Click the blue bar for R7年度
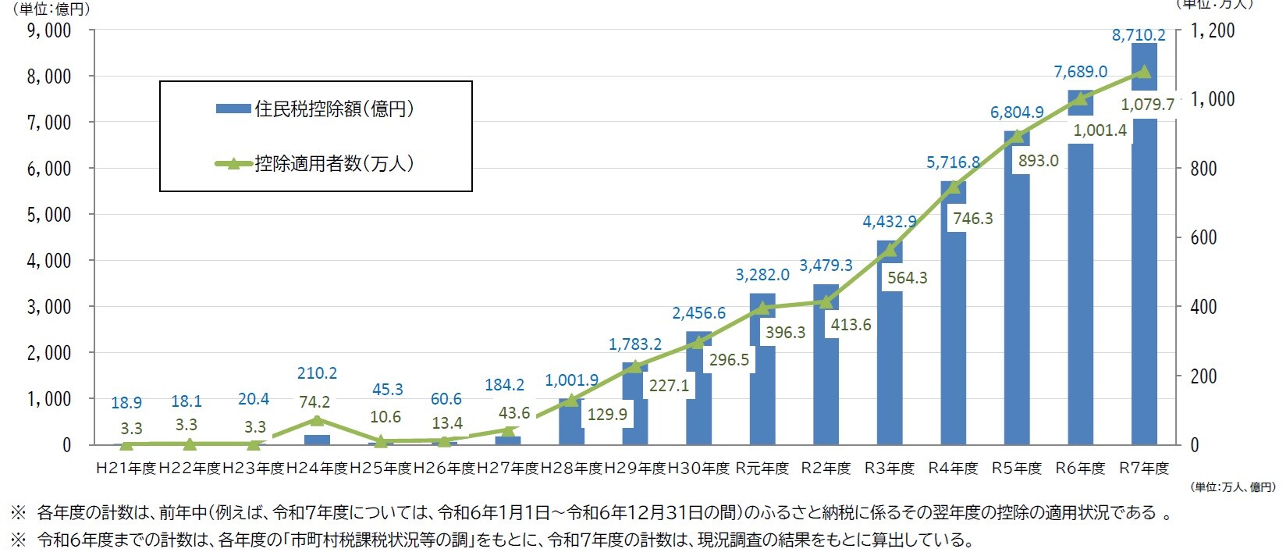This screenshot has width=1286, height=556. click(1144, 273)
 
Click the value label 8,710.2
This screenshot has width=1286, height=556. click(1139, 35)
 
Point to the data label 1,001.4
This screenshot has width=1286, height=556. click(1099, 130)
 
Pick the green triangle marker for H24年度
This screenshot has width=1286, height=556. click(317, 420)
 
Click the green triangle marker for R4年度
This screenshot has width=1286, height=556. click(953, 187)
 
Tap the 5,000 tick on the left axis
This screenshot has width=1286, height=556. click(49, 215)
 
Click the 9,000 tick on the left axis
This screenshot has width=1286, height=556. click(49, 30)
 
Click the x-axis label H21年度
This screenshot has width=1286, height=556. click(126, 469)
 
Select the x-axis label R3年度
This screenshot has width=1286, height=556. click(890, 469)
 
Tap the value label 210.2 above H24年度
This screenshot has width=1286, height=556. click(317, 373)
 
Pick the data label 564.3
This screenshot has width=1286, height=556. click(908, 278)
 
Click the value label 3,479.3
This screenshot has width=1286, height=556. click(826, 266)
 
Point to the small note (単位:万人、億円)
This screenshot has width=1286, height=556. click(1234, 487)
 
